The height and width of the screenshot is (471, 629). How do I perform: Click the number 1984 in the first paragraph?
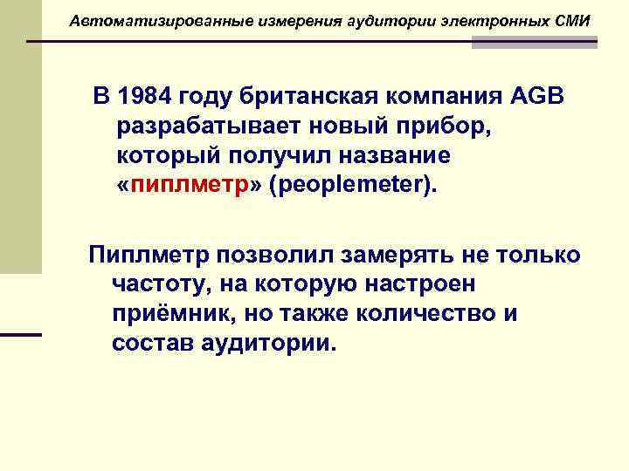coord(144,97)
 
